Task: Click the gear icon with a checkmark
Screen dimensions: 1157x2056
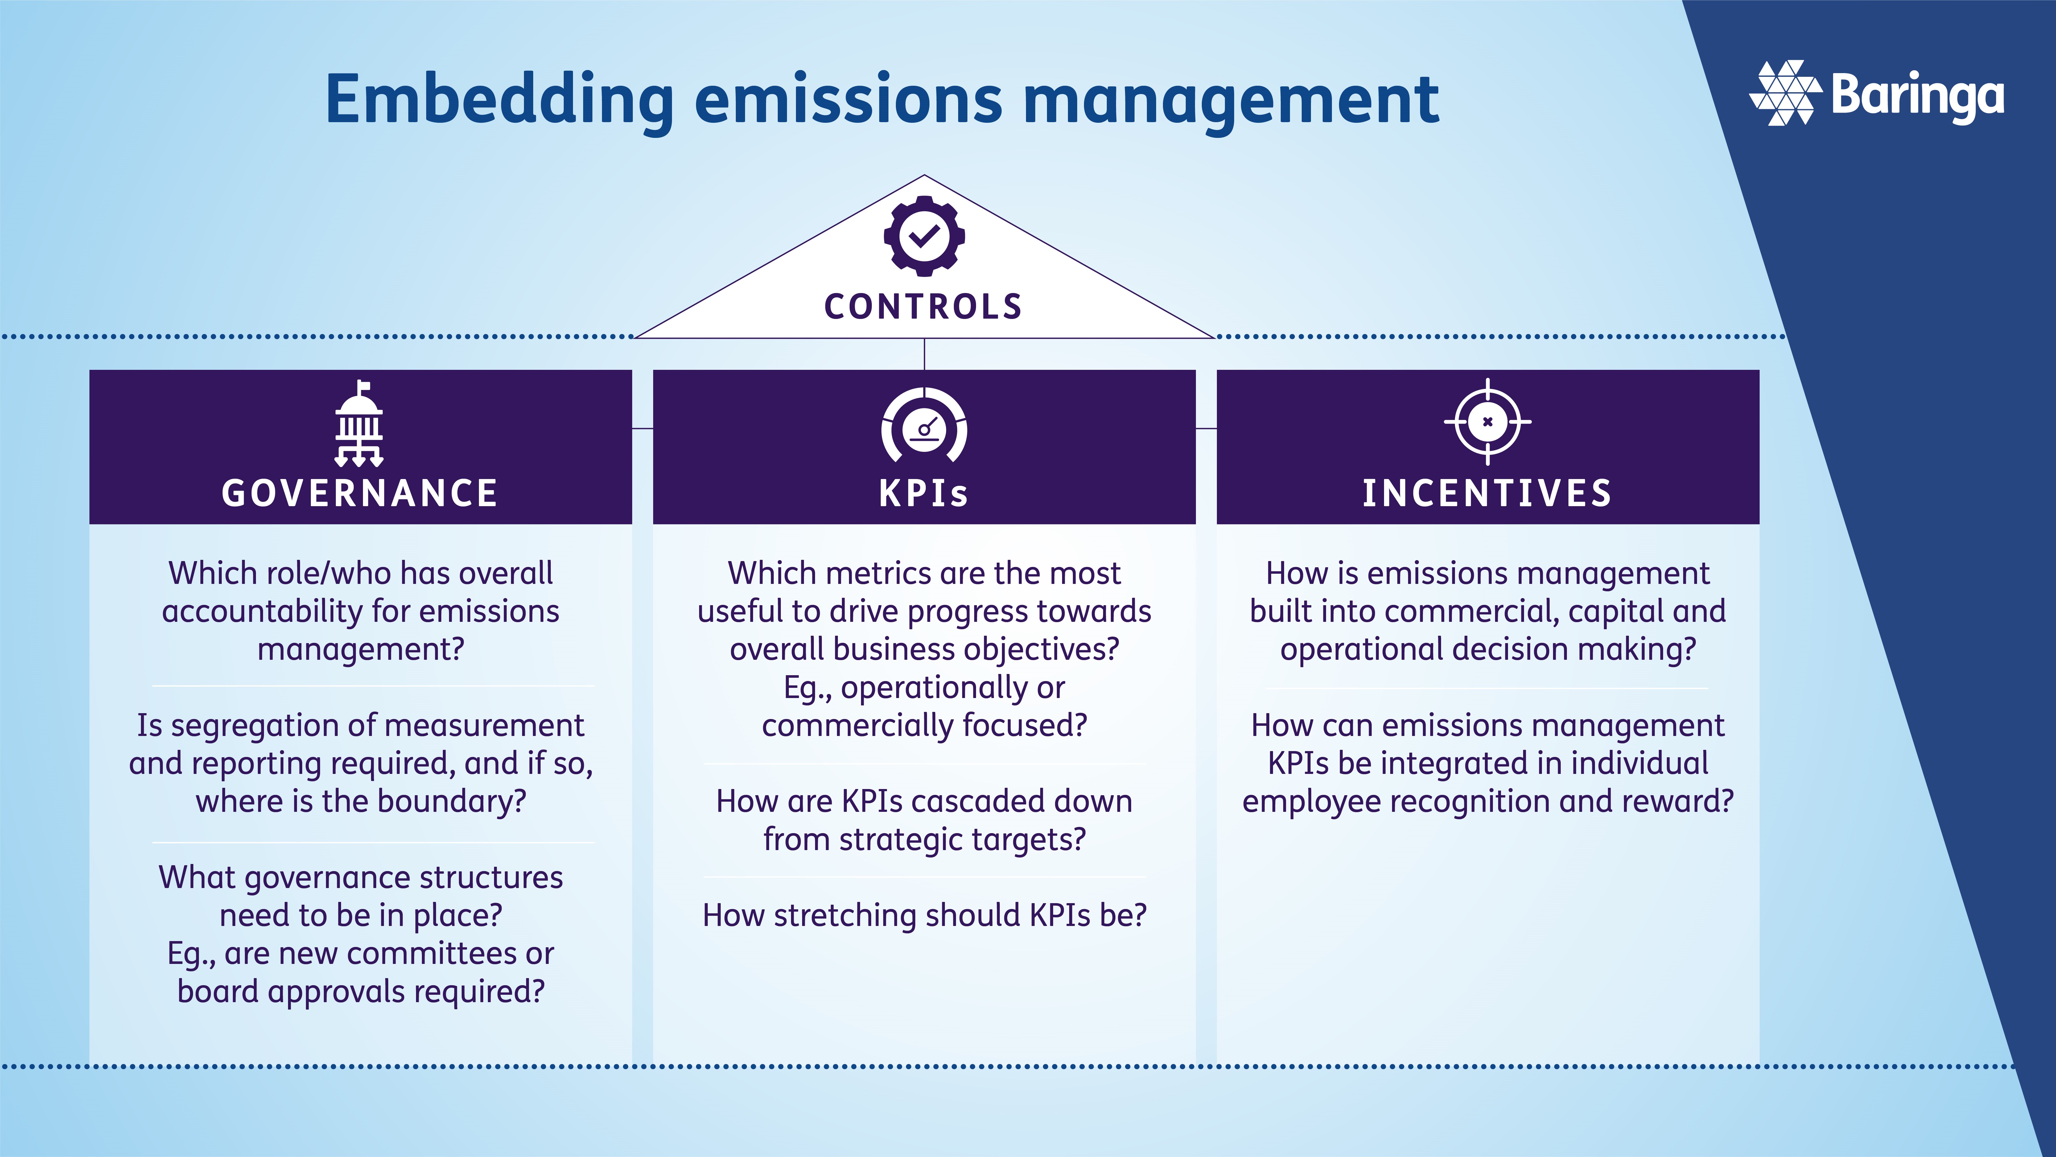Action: coord(924,236)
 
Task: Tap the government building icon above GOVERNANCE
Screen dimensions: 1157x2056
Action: coord(359,424)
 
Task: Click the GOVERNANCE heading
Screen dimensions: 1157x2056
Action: coord(360,493)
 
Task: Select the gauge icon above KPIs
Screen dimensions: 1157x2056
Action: coord(924,426)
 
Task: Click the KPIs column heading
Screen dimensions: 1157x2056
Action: coord(924,493)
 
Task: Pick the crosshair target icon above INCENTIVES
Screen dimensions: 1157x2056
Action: coord(1487,422)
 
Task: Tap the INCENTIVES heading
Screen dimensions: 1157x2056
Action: coord(1487,493)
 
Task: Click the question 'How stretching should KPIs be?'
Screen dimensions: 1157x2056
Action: coord(924,915)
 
